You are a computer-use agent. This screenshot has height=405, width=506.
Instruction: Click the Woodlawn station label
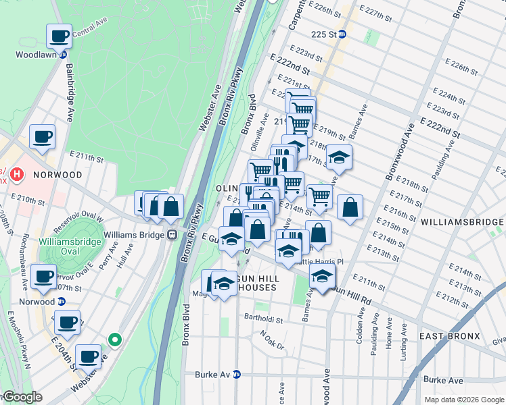(x=31, y=54)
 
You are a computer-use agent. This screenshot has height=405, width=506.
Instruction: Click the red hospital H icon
(x=17, y=175)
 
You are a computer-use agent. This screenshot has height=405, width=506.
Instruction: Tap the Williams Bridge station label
(x=134, y=235)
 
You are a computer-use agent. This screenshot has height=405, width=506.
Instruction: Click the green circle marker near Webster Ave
(x=115, y=340)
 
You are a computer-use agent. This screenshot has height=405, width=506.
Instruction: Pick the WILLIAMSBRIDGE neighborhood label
(x=462, y=221)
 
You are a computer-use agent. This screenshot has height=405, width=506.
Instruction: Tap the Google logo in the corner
(x=22, y=398)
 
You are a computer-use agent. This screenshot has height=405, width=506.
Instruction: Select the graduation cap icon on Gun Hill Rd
(x=323, y=275)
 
